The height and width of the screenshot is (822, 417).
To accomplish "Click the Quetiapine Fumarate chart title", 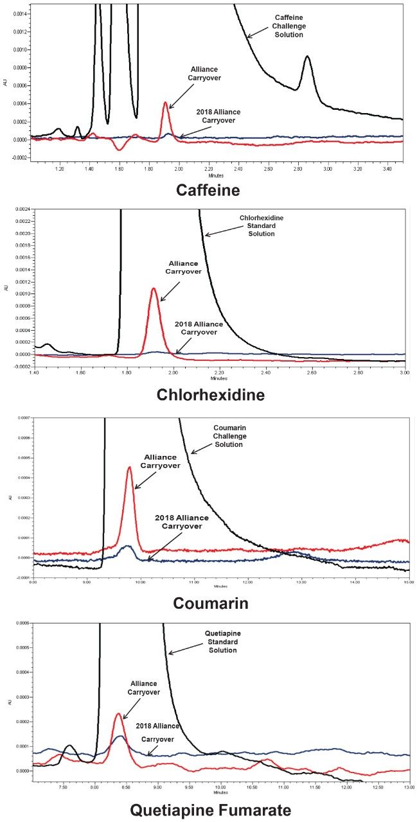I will point(210,810).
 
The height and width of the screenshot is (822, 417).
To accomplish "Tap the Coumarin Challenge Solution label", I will point(229,436).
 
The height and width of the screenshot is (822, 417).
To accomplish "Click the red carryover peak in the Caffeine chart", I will point(166,103).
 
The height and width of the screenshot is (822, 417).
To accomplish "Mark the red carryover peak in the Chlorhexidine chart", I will point(154,289).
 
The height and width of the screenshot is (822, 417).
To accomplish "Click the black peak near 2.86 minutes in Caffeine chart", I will point(307,57).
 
